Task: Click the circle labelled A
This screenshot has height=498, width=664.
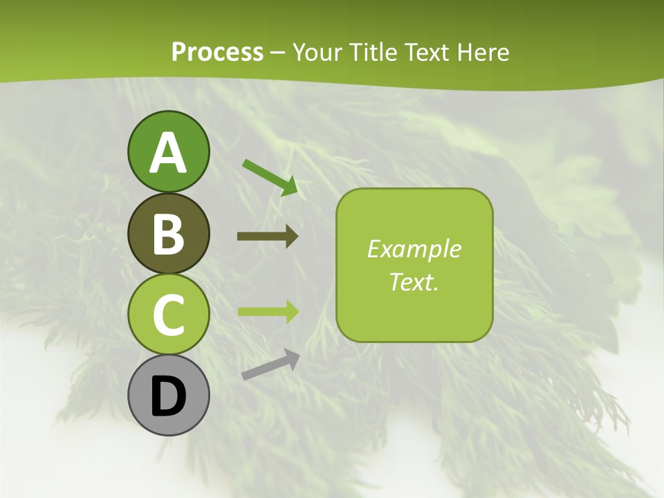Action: click(x=168, y=151)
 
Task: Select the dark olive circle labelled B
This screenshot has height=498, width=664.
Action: click(x=168, y=233)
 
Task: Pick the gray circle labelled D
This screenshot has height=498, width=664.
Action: click(x=168, y=395)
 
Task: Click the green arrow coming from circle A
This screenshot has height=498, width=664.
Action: click(x=270, y=176)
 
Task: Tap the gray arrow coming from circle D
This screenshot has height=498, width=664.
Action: click(x=270, y=365)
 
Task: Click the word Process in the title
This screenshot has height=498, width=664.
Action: click(x=217, y=52)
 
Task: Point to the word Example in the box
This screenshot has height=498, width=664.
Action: click(x=414, y=248)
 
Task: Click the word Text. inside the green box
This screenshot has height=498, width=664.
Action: click(x=414, y=282)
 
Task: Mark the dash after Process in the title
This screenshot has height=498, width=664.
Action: click(x=278, y=53)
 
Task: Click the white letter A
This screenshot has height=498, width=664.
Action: click(x=168, y=153)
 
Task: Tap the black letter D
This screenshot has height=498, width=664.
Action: click(x=168, y=396)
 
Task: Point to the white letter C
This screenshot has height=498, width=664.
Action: click(x=168, y=315)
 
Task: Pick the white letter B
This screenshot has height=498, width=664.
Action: click(x=168, y=234)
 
